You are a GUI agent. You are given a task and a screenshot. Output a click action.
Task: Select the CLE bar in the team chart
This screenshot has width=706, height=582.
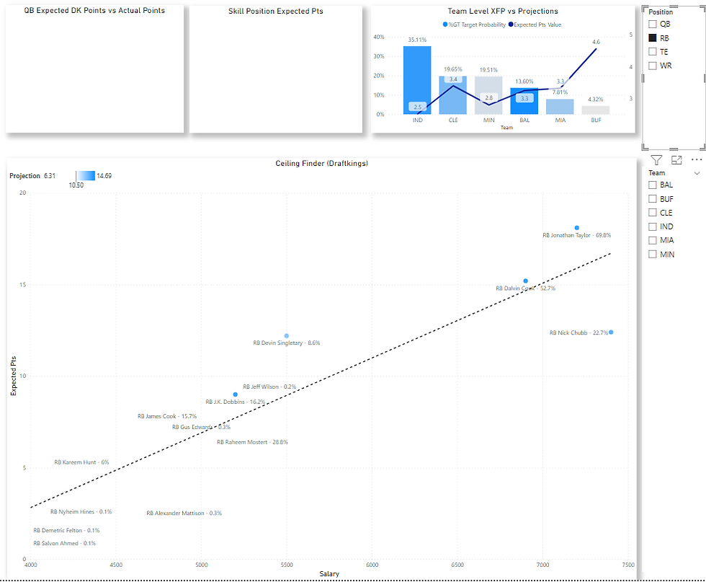pos(453,94)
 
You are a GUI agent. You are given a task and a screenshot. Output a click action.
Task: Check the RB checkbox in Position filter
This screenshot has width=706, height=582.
pos(653,38)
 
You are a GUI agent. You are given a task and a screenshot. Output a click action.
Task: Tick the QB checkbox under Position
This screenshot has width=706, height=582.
pos(653,24)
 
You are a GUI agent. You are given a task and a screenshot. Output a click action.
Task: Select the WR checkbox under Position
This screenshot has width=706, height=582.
pos(653,66)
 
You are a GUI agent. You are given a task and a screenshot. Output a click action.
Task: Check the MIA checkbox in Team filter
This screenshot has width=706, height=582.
pos(653,240)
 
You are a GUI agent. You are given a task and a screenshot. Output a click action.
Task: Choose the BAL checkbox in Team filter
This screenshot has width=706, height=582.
pos(653,185)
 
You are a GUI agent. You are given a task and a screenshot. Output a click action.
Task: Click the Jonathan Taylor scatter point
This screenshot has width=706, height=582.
pos(577,228)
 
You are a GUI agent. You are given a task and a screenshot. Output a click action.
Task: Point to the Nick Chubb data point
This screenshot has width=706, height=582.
pos(611,332)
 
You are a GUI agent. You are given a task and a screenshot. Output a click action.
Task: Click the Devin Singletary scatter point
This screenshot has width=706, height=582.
pos(287,336)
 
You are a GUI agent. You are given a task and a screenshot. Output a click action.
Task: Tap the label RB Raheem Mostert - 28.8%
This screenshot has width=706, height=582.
pos(252,442)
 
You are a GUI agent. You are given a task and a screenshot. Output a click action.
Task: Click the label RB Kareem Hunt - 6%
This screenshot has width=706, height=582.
pos(81,462)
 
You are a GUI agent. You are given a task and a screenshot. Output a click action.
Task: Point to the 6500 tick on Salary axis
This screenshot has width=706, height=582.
pos(458,565)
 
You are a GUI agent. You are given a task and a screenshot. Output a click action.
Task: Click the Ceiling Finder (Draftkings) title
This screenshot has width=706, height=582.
pos(322,164)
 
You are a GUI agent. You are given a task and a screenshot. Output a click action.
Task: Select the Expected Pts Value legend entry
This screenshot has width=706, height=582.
pos(537,25)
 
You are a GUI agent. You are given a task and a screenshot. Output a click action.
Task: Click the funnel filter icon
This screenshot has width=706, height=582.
pos(656,160)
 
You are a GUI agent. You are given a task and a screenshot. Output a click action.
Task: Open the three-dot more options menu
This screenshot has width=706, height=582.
pos(696,160)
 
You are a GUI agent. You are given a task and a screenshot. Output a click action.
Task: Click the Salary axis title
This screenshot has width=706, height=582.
pos(329,574)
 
